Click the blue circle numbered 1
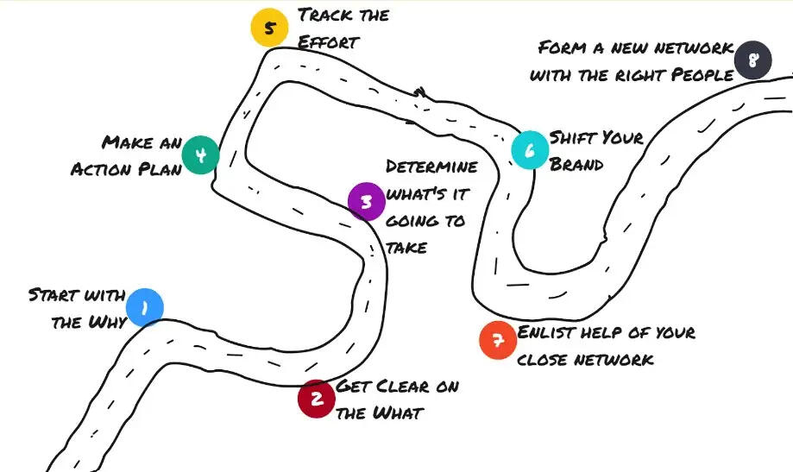tap(144, 307)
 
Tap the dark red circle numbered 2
tap(317, 399)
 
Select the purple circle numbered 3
tap(366, 202)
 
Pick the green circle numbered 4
tap(200, 155)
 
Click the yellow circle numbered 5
tap(269, 28)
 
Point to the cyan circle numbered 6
tap(530, 150)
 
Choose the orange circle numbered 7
tap(498, 339)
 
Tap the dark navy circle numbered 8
tap(752, 61)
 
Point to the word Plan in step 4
tap(161, 168)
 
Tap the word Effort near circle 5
tap(327, 41)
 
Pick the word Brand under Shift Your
tap(576, 163)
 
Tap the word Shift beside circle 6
tap(571, 136)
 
